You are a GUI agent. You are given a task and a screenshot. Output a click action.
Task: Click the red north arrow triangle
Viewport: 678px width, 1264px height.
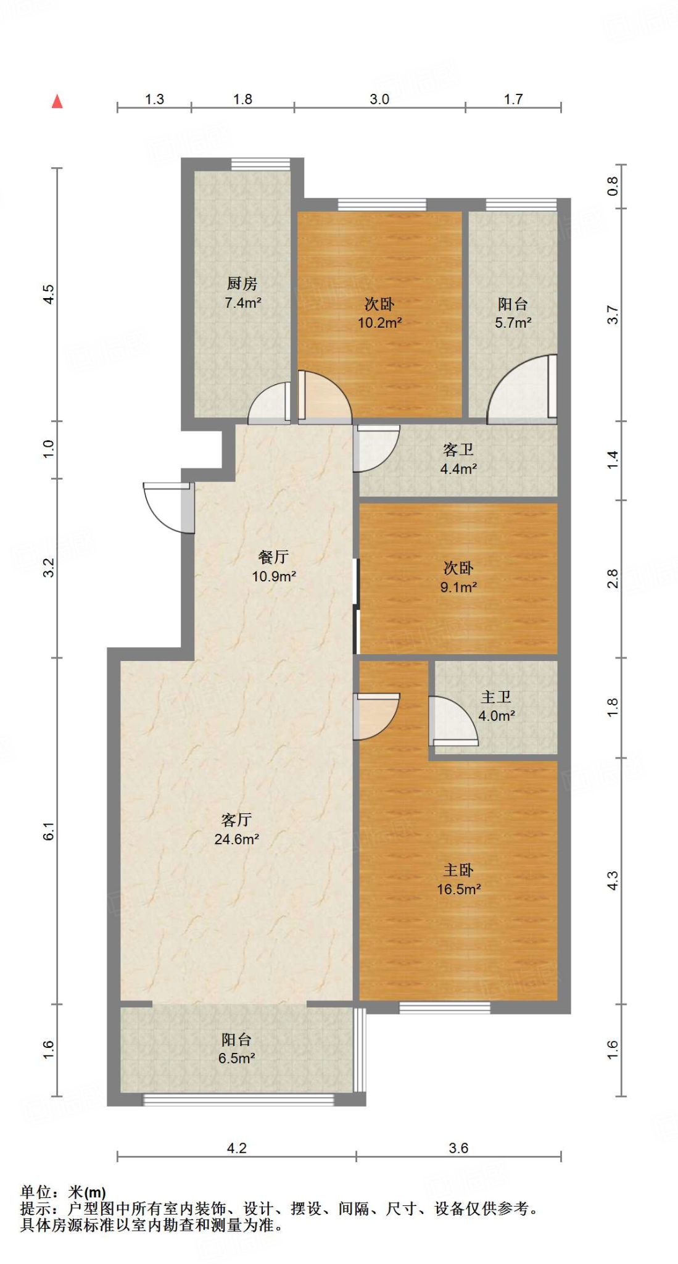[x=57, y=101]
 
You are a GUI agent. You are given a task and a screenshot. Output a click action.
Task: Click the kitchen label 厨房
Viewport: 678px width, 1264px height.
[x=242, y=283]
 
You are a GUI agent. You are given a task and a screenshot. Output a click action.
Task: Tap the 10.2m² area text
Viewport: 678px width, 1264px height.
[x=379, y=322]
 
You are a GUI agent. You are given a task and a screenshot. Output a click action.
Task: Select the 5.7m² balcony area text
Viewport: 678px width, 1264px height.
[x=513, y=322]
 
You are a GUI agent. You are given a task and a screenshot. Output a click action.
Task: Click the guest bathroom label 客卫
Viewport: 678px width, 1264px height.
[x=458, y=450]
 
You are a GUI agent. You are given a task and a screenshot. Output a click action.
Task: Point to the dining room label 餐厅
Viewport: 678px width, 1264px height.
[x=273, y=557]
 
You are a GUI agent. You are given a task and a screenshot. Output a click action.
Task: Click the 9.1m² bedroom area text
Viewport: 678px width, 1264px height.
[x=458, y=587]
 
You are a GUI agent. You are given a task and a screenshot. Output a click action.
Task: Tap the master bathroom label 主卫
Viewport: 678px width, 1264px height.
[x=496, y=697]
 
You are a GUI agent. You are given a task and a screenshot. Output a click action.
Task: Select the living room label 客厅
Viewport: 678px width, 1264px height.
[x=236, y=820]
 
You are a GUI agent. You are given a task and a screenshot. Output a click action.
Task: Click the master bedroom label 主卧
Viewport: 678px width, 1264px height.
[x=458, y=870]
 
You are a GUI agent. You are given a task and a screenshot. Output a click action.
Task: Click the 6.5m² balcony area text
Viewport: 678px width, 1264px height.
[x=236, y=1058]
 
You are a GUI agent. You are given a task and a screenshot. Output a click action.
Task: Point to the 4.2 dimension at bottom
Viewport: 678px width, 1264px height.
[x=236, y=1148]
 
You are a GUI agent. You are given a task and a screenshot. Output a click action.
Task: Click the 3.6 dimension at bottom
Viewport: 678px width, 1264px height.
[x=458, y=1148]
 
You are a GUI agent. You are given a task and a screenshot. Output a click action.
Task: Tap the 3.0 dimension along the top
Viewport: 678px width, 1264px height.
[x=379, y=99]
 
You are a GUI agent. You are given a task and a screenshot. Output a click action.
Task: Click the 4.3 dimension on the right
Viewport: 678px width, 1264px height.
[x=612, y=880]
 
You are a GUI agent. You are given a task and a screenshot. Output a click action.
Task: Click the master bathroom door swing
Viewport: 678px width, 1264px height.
[x=452, y=720]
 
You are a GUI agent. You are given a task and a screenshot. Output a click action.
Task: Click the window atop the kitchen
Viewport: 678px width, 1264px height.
[x=260, y=164]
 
